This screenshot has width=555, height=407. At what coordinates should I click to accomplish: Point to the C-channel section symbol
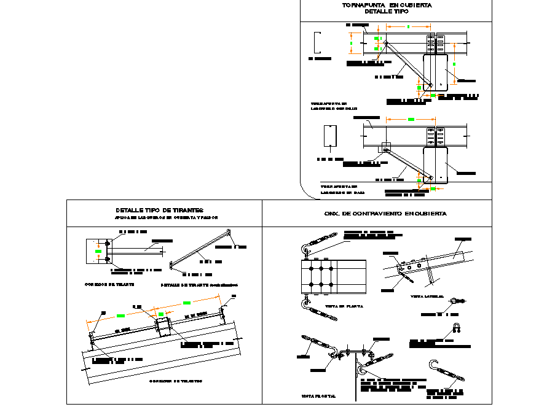pos(317,42)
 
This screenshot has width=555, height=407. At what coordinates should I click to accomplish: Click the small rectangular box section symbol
pos(329,136)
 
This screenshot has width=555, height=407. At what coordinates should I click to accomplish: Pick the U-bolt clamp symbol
pos(457,327)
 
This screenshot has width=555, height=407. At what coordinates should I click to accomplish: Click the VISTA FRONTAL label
pos(318,396)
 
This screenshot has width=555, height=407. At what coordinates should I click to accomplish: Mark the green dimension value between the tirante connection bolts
pos(97,251)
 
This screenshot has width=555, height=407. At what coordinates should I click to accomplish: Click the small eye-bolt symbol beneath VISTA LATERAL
pos(455,301)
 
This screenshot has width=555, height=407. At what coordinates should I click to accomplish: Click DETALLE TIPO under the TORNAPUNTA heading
pos(386,12)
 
